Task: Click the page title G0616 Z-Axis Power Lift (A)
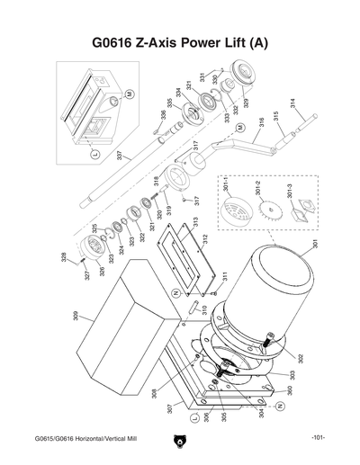[x=180, y=43]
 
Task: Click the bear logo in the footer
[x=179, y=441]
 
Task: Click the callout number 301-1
[x=227, y=192]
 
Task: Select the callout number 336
[x=164, y=115]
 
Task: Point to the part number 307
[x=167, y=410]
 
